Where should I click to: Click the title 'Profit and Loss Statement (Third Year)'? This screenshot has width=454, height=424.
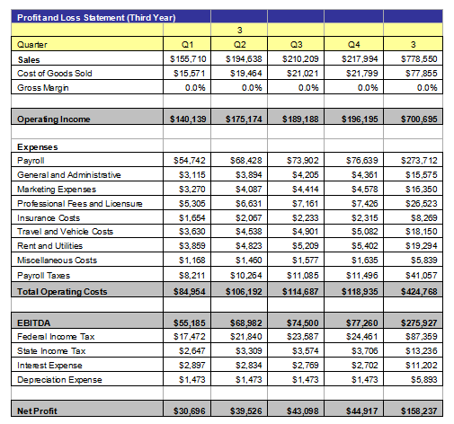pyautogui.click(x=96, y=18)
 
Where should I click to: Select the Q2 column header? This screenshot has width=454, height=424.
pyautogui.click(x=239, y=45)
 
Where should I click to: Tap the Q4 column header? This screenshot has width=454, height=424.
pyautogui.click(x=353, y=45)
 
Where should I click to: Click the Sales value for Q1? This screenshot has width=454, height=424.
pyautogui.click(x=188, y=59)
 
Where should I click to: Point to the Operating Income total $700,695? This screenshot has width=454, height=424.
pyautogui.click(x=419, y=119)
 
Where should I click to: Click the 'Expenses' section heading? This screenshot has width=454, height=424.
pyautogui.click(x=38, y=147)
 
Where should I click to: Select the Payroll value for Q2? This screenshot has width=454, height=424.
pyautogui.click(x=246, y=161)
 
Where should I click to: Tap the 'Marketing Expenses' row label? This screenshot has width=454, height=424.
pyautogui.click(x=57, y=190)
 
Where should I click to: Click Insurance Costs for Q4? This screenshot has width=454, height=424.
pyautogui.click(x=365, y=218)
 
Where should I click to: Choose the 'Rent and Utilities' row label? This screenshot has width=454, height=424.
pyautogui.click(x=49, y=246)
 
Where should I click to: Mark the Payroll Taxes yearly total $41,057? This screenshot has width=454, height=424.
pyautogui.click(x=422, y=275)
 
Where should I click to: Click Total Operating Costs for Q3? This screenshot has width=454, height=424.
pyautogui.click(x=300, y=291)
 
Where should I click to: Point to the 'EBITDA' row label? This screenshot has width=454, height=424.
pyautogui.click(x=34, y=323)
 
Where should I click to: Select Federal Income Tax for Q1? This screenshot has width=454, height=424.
pyautogui.click(x=190, y=337)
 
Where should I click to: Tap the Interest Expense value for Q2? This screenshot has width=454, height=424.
pyautogui.click(x=249, y=366)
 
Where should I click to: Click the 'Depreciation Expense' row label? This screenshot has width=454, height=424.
pyautogui.click(x=59, y=380)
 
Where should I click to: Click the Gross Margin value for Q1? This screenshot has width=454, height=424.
pyautogui.click(x=195, y=88)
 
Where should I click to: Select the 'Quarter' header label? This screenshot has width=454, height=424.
pyautogui.click(x=32, y=45)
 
